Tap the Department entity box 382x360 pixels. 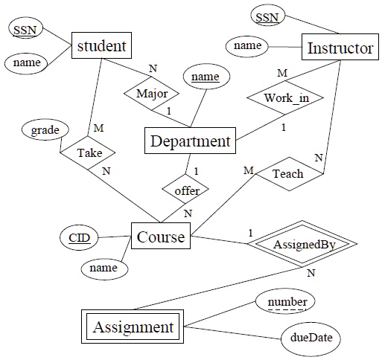click(189, 141)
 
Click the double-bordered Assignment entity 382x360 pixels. click(132, 327)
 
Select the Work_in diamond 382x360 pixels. click(282, 99)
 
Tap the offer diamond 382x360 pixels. click(188, 191)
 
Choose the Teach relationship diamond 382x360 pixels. click(288, 174)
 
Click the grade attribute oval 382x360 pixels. click(45, 130)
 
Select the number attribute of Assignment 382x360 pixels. click(284, 302)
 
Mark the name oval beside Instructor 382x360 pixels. click(246, 46)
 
